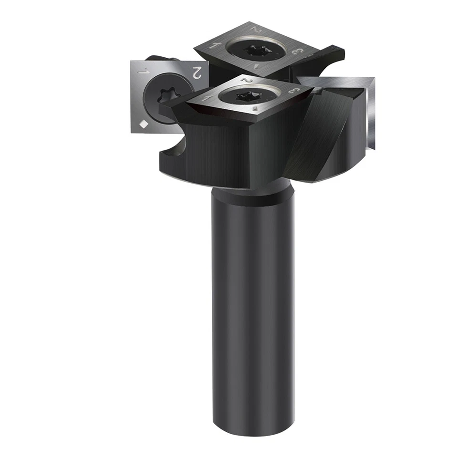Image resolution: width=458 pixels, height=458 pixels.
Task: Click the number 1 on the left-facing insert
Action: [142, 72]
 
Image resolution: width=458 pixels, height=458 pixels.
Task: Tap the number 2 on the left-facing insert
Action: [195, 73]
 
